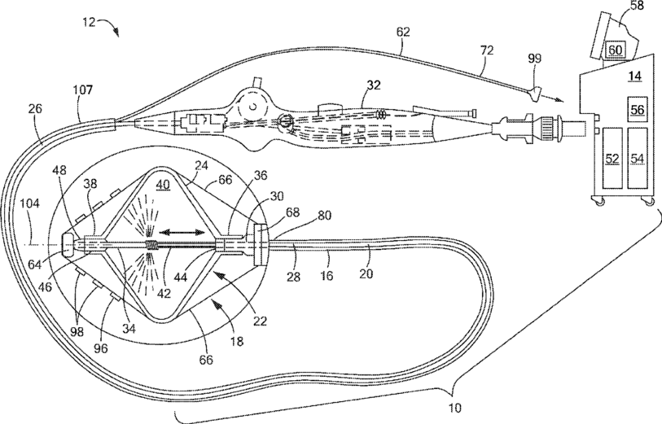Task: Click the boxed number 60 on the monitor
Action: (615, 50)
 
